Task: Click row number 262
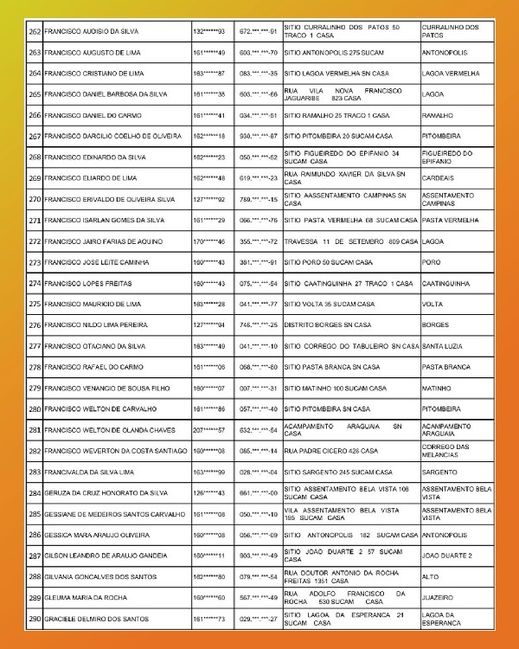pos(35,31)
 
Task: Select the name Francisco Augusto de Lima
pos(92,53)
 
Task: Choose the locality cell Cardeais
pos(438,178)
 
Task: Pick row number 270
pos(35,199)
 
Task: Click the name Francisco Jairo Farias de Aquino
pos(101,241)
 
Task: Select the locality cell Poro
pos(431,262)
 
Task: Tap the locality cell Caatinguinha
pos(445,283)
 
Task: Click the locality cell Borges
pos(435,325)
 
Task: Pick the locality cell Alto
pos(430,576)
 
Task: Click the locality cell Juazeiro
pos(439,597)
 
